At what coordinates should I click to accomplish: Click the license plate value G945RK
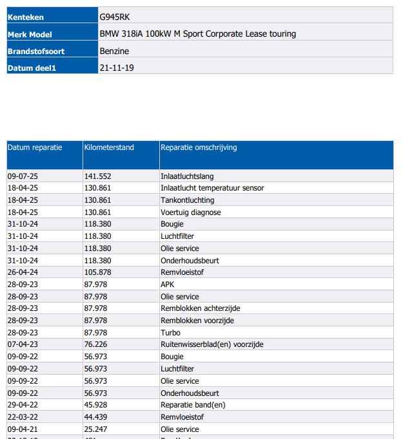(115, 17)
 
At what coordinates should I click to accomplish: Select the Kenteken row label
(26, 17)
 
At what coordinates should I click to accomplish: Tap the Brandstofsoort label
(36, 51)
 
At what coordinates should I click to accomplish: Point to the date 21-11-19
(117, 68)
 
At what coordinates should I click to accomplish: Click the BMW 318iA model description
(198, 34)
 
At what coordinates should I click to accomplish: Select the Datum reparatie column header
(35, 147)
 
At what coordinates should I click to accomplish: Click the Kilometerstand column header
(109, 147)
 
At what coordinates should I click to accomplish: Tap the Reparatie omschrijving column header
(199, 147)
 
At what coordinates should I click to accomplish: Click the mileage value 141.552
(97, 176)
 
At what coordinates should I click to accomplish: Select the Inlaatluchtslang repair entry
(187, 176)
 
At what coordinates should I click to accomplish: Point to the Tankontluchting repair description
(187, 200)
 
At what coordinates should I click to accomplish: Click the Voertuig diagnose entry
(190, 212)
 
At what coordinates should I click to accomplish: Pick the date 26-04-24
(23, 272)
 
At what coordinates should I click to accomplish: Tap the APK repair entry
(167, 285)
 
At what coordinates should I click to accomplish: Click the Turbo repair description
(170, 333)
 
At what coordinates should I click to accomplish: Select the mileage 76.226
(95, 344)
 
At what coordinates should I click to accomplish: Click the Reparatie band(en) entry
(193, 405)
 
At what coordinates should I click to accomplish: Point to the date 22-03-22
(23, 417)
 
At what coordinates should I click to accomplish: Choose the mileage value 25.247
(95, 429)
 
